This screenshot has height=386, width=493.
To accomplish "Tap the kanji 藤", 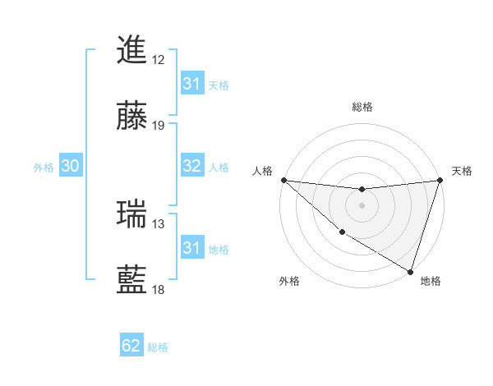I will click(132, 115).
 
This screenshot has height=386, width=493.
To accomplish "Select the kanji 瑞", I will click(132, 214).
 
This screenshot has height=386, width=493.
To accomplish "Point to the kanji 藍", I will click(132, 279).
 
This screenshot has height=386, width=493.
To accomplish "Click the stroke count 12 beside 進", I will click(159, 60).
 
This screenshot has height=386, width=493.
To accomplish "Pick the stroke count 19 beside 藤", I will click(159, 126).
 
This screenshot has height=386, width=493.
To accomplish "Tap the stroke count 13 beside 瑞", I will click(159, 224).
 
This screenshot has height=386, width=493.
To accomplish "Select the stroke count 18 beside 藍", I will click(159, 290).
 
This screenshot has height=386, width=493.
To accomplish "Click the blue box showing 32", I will click(192, 166).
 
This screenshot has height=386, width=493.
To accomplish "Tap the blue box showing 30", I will click(71, 166).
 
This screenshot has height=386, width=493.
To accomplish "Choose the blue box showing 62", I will click(131, 346).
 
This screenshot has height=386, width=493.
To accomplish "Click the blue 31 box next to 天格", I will click(192, 84).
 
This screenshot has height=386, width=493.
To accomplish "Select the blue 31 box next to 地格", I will click(192, 248).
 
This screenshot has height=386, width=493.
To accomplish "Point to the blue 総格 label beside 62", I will click(158, 347).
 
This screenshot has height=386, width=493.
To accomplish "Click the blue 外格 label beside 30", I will click(44, 167).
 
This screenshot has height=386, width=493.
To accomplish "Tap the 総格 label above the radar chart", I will click(362, 107).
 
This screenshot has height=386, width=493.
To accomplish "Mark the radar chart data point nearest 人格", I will click(283, 180).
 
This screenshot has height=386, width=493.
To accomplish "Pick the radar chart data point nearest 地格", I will click(410, 270).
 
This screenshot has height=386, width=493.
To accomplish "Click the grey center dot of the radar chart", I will click(362, 205).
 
